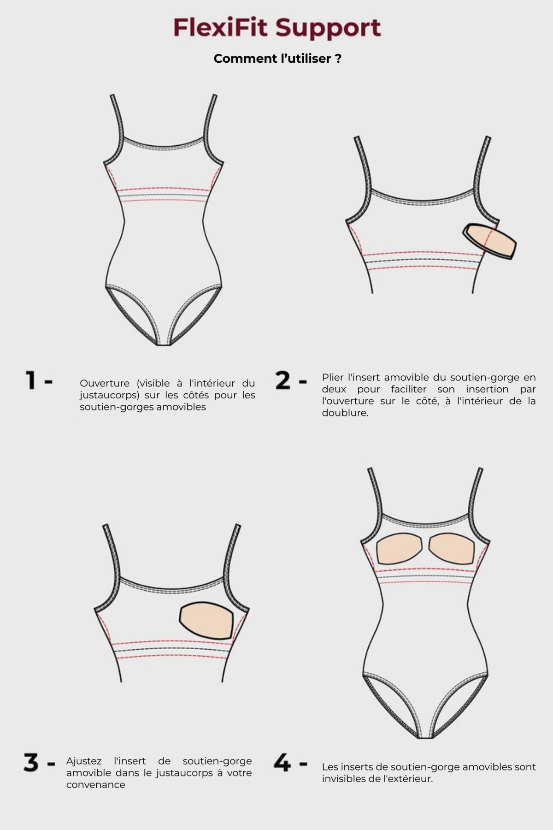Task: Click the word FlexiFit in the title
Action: pyautogui.click(x=220, y=28)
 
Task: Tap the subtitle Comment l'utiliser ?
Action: pyautogui.click(x=277, y=59)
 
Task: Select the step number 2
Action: pyautogui.click(x=282, y=381)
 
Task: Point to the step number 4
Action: pyautogui.click(x=282, y=763)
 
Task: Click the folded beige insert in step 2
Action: pyautogui.click(x=489, y=241)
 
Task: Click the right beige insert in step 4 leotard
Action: pyautogui.click(x=452, y=547)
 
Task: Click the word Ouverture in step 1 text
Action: pyautogui.click(x=105, y=383)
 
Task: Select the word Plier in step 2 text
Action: pyautogui.click(x=332, y=377)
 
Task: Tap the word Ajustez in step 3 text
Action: pyautogui.click(x=84, y=761)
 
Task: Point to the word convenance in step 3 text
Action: pyautogui.click(x=95, y=785)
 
